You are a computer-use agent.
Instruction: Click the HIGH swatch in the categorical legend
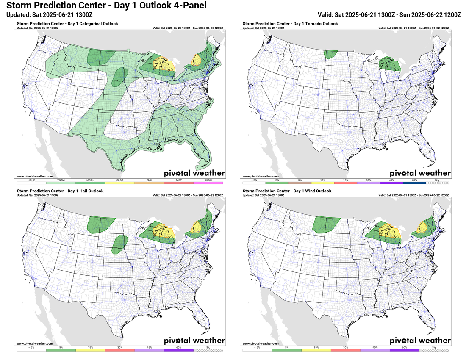[208, 183]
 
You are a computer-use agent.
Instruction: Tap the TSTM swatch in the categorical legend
[61, 183]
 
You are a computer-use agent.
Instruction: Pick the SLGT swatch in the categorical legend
[119, 183]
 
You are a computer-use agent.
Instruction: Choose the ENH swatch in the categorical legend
[149, 183]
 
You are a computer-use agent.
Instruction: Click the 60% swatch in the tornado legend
[414, 183]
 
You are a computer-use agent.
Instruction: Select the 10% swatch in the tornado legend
[322, 183]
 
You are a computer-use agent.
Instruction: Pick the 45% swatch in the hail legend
[149, 350]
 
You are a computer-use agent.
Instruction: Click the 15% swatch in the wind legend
[317, 350]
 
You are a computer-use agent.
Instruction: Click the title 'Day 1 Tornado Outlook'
[290, 24]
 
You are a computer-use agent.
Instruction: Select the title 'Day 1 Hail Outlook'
[60, 191]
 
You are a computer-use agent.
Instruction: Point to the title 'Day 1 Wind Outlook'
[286, 191]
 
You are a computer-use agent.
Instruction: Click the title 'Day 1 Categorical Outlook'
[67, 24]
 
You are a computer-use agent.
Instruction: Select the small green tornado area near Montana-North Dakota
[330, 54]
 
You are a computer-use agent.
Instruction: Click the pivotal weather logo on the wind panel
[420, 341]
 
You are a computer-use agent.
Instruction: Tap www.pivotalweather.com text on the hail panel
[35, 343]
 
